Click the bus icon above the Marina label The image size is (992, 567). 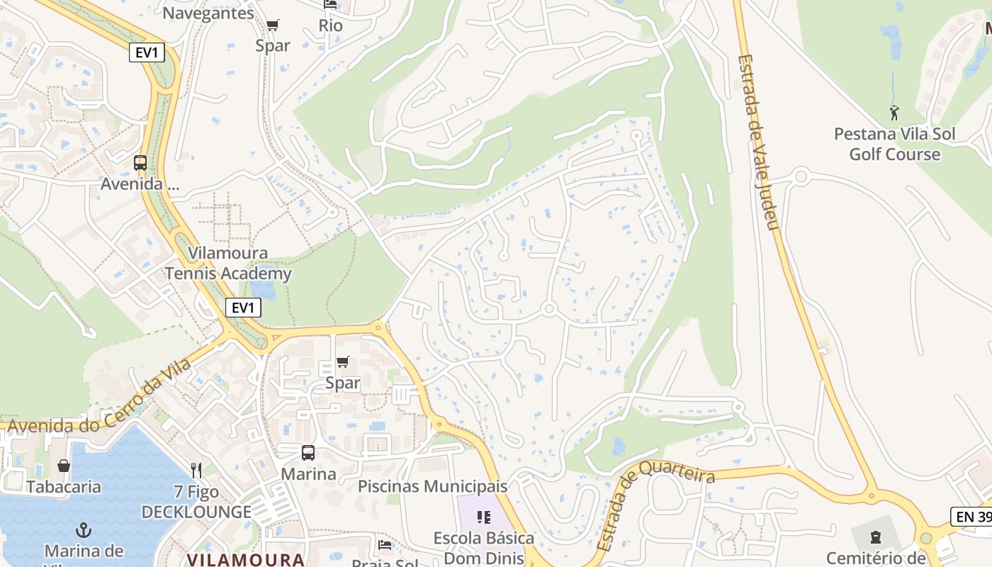(308, 453)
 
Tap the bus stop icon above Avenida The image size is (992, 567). (140, 163)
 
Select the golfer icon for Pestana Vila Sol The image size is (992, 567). (894, 112)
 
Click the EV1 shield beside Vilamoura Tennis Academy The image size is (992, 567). (243, 308)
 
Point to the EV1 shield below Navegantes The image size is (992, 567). (147, 52)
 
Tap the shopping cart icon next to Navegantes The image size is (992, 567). (272, 26)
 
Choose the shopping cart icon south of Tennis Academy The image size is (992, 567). (343, 362)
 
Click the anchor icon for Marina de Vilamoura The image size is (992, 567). (84, 530)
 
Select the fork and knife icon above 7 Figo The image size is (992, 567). (196, 470)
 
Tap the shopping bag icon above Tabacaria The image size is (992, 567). (64, 466)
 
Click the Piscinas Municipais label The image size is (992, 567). (432, 487)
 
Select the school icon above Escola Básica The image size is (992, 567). (484, 517)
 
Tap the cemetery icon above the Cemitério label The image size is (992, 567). (876, 537)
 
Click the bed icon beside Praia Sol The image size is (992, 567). (384, 545)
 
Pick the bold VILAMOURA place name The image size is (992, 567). (245, 559)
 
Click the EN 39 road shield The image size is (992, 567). (971, 517)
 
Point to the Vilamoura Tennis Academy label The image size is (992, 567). (227, 264)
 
